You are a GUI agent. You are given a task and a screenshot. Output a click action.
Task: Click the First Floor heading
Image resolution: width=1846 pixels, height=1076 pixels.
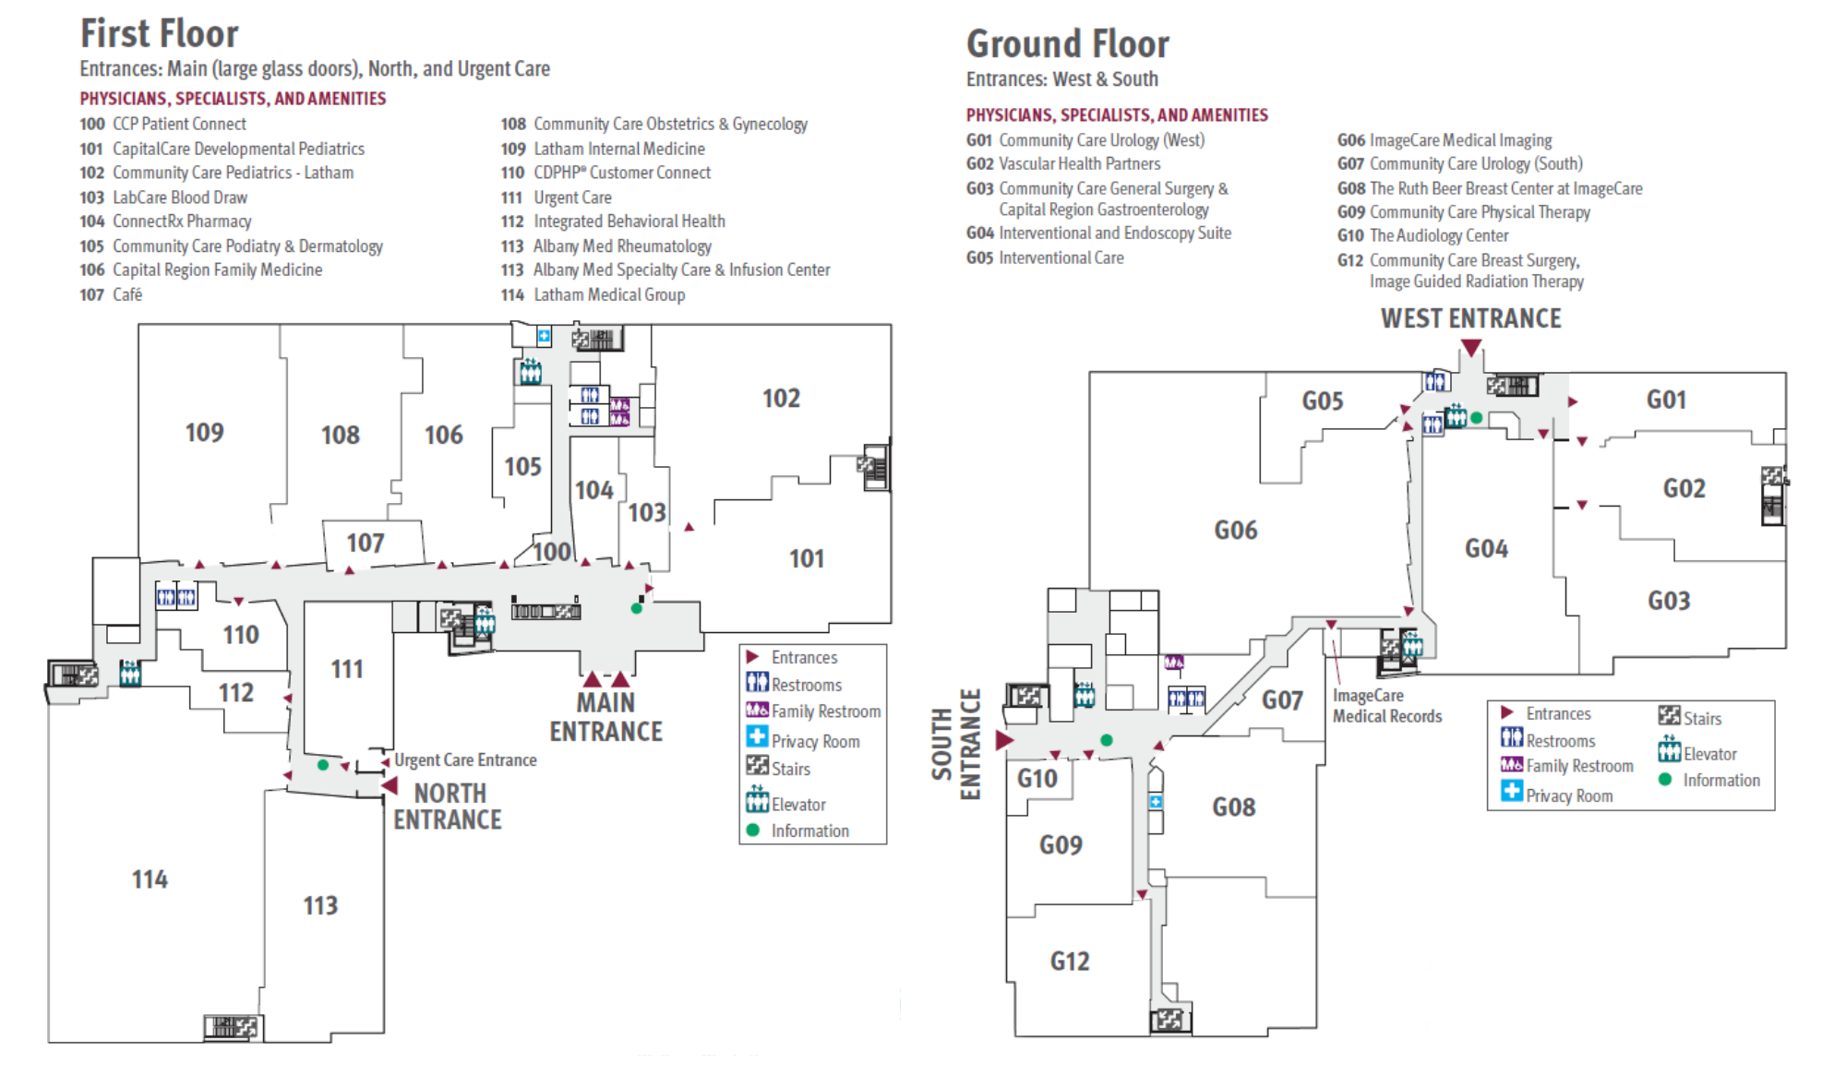click(159, 34)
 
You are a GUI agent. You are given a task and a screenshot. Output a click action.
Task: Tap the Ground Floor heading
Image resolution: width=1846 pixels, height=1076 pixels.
click(1067, 44)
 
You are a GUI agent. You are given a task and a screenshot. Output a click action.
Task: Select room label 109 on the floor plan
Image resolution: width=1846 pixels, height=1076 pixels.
click(204, 433)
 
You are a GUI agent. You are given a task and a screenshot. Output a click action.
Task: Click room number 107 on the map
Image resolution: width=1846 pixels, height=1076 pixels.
click(366, 544)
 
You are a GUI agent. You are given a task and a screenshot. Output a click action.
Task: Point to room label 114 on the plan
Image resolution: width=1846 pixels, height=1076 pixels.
click(150, 879)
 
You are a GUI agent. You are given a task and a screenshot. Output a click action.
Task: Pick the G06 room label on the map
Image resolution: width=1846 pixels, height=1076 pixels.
click(1235, 531)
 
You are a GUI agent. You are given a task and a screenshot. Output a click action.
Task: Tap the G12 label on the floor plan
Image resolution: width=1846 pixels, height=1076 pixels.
click(1070, 962)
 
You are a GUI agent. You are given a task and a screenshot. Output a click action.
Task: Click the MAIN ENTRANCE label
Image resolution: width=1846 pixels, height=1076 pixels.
click(605, 717)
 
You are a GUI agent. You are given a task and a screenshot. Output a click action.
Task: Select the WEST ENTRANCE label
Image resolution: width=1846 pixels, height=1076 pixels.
click(1470, 319)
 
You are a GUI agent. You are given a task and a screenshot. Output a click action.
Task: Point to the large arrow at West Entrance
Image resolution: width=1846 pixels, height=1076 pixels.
click(1471, 348)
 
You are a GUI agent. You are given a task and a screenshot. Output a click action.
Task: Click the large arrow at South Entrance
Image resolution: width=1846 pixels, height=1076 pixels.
click(1004, 740)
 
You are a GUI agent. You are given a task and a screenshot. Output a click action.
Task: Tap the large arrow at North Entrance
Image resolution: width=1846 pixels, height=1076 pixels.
click(390, 786)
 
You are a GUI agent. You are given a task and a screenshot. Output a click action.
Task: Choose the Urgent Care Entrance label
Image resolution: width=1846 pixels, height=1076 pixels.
click(465, 760)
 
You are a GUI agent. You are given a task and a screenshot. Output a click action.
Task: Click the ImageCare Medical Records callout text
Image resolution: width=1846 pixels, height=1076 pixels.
click(1386, 706)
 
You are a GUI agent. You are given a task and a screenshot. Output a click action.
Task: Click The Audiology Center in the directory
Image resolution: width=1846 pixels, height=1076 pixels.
click(1438, 236)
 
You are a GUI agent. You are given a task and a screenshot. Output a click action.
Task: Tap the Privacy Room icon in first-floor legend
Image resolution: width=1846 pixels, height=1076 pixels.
click(757, 737)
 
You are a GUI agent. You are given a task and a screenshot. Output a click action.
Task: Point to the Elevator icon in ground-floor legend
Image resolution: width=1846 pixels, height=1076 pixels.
click(1669, 749)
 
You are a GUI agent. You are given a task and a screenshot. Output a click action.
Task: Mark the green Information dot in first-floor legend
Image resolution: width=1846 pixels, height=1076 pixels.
click(753, 831)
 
